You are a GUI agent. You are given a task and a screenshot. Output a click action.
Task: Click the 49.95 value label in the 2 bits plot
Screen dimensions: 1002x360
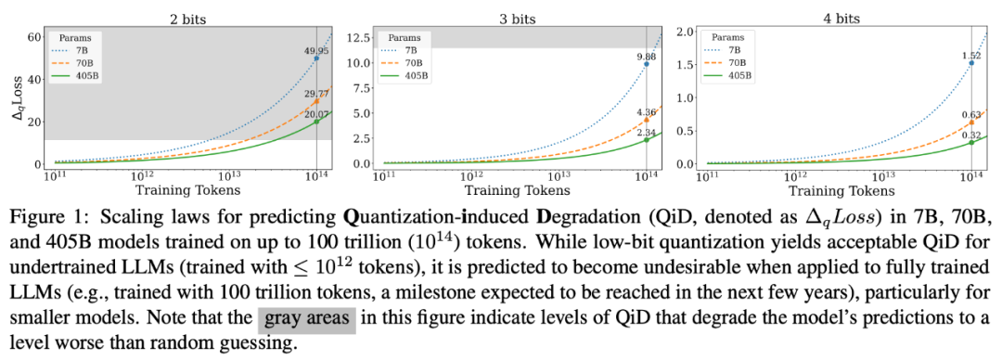click(315, 51)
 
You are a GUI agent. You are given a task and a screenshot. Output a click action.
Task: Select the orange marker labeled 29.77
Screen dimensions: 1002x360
click(316, 101)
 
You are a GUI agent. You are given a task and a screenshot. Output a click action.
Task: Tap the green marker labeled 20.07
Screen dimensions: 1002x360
click(316, 122)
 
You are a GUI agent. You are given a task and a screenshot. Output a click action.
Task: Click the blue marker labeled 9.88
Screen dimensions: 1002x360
click(647, 64)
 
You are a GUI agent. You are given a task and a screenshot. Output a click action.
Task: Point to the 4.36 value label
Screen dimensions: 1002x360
click(647, 112)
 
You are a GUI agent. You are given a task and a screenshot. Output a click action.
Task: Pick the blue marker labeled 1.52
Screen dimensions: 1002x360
click(972, 63)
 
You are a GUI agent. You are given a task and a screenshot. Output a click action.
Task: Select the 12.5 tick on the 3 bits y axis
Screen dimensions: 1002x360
click(360, 38)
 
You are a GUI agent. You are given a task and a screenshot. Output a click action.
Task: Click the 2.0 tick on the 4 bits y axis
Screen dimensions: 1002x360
click(687, 32)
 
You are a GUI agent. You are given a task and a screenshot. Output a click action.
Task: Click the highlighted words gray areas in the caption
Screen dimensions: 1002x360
click(307, 318)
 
